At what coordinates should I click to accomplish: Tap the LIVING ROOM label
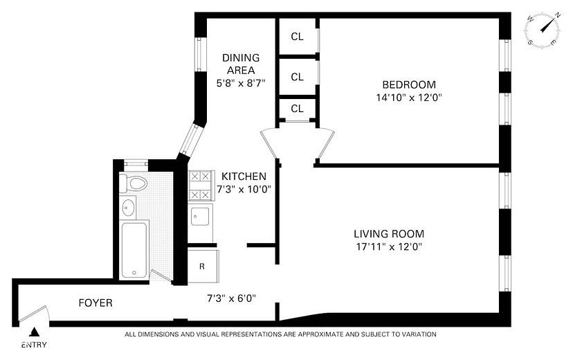pos(388,233)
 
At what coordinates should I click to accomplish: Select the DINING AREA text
pos(240,64)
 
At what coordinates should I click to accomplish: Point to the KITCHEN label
pos(244,177)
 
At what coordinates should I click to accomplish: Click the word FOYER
pos(95,303)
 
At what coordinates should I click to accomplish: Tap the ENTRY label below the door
pos(35,344)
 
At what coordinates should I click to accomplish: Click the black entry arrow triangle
pos(35,332)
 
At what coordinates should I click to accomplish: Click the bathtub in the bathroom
pos(134,249)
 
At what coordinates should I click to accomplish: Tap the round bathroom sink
pos(128,206)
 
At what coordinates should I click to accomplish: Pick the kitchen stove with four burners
pos(201,186)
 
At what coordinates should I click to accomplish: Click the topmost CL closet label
pos(297,37)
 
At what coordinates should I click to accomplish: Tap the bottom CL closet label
pos(297,109)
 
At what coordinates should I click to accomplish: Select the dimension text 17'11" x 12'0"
pos(388,246)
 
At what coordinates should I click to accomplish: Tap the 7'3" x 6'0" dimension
pos(232,298)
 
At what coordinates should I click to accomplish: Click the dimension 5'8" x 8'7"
pos(240,83)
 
